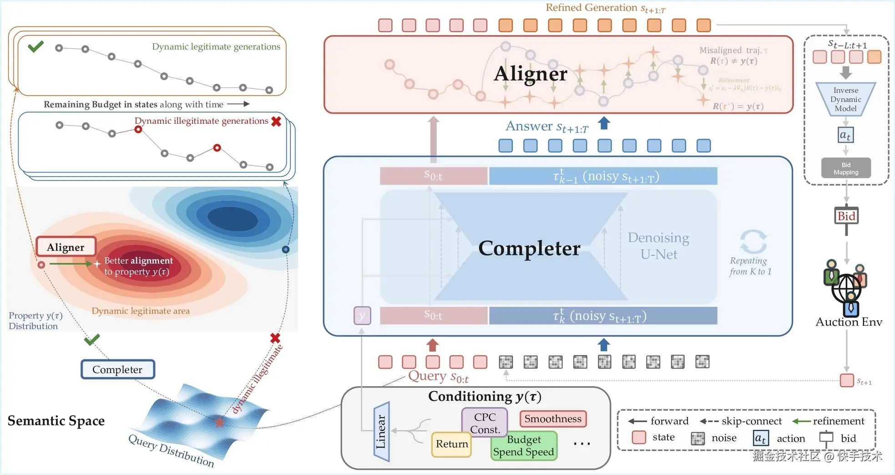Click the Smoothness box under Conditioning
pos(553,419)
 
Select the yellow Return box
pos(451,444)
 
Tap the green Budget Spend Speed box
pos(524,446)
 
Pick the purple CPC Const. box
pos(485,423)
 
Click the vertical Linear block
pos(381,431)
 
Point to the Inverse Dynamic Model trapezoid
pos(845,99)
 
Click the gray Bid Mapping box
pos(846,168)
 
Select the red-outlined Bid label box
pos(846,216)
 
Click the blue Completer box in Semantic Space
pos(117,369)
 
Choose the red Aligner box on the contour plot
pos(66,247)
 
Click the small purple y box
pos(362,315)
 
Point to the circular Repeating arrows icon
pos(753,241)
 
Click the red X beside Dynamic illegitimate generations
pos(276,121)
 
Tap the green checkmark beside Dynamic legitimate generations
pos(35,46)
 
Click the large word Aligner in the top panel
pos(531,74)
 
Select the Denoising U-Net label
pos(658,246)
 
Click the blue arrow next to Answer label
pos(604,123)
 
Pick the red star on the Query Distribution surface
pos(219,422)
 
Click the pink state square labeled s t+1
pos(847,380)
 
